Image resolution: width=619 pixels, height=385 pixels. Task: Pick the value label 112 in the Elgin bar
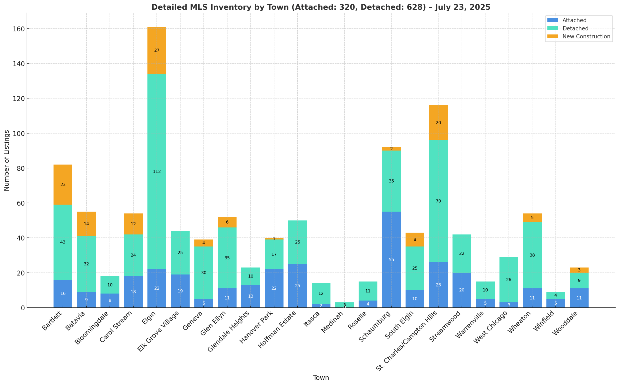tap(157, 172)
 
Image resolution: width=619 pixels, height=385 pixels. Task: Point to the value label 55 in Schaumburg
tap(391, 260)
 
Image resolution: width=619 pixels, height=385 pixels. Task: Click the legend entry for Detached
tap(575, 28)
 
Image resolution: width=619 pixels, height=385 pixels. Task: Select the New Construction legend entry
tap(586, 36)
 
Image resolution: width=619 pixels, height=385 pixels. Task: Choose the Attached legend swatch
tap(553, 20)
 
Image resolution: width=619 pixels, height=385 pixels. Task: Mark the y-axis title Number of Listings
tap(7, 160)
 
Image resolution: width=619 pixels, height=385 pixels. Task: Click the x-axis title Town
tap(321, 377)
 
